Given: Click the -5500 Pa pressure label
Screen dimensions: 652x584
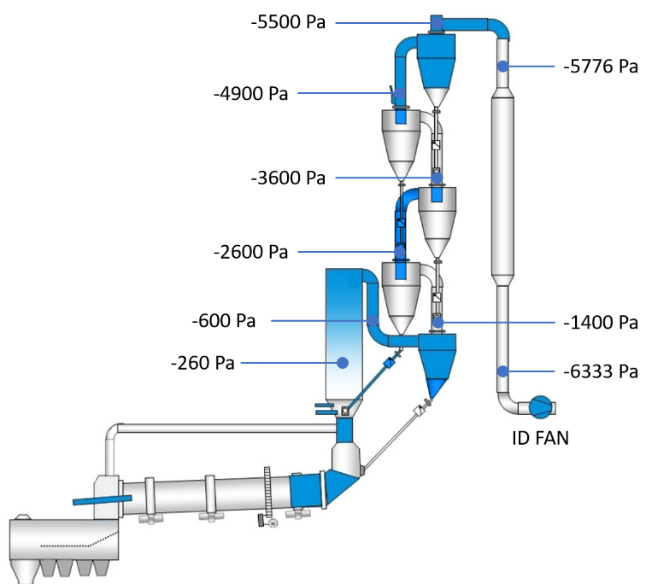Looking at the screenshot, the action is [288, 22].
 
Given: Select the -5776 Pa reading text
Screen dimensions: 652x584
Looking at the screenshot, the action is [601, 66].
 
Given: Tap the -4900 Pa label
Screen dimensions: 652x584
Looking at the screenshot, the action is [250, 93].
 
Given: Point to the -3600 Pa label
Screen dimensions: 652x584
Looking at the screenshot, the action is [288, 178].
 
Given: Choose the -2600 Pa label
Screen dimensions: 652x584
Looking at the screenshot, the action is [250, 252].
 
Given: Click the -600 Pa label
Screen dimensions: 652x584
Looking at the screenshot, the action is [224, 321].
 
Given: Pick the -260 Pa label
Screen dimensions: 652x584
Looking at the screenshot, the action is [203, 363].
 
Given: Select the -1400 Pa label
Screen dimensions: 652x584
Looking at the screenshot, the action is [601, 323].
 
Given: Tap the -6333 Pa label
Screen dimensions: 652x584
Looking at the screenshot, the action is [601, 371].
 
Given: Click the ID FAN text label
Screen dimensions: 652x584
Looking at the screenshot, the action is [540, 438].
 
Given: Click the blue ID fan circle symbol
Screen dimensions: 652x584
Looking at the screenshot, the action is [541, 407].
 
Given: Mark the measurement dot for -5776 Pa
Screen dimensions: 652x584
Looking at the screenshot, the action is [502, 66].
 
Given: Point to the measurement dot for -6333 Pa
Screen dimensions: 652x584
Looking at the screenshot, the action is [502, 371].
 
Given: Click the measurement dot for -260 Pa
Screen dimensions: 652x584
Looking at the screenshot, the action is [343, 363].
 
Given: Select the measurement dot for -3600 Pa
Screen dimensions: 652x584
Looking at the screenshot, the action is [437, 178].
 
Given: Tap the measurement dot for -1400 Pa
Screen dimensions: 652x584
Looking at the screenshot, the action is [438, 323].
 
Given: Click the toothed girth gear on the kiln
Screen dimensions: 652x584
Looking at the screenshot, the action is [268, 493].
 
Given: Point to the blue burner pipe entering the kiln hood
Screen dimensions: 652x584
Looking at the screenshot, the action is [103, 499].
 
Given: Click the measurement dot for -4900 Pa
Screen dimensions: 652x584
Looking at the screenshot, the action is [400, 93].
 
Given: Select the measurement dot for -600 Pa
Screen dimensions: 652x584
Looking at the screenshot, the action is [373, 321].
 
